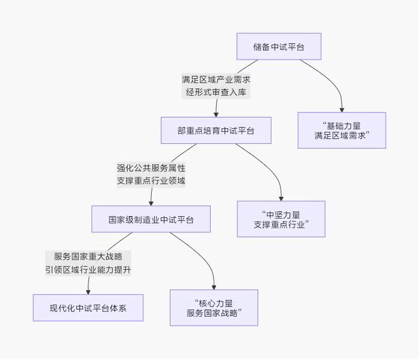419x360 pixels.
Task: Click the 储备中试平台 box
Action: [x=279, y=46]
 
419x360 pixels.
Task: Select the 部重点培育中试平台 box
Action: [x=216, y=131]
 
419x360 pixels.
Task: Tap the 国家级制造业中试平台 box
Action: [x=151, y=219]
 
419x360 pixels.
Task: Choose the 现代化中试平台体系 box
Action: [x=88, y=308]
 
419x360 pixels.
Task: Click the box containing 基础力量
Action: [x=341, y=131]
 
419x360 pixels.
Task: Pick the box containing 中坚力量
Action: [x=281, y=219]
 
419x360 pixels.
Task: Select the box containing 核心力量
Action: [x=214, y=308]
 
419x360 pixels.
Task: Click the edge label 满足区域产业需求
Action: [x=216, y=79]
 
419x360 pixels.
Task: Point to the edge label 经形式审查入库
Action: [x=216, y=93]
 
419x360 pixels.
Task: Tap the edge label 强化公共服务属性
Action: [x=151, y=168]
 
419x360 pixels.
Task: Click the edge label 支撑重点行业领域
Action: [x=151, y=181]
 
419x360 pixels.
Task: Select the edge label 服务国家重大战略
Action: [x=88, y=256]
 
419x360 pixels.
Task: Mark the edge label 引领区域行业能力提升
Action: [x=88, y=270]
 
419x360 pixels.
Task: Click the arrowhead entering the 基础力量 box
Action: [x=341, y=109]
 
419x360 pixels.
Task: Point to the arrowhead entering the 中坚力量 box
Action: [x=281, y=197]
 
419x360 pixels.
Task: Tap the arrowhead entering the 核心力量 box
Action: [x=214, y=286]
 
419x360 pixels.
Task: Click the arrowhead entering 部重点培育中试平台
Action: [x=216, y=113]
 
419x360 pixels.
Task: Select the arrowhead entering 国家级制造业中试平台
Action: [x=151, y=202]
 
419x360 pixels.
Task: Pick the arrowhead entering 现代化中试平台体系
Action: [x=88, y=291]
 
